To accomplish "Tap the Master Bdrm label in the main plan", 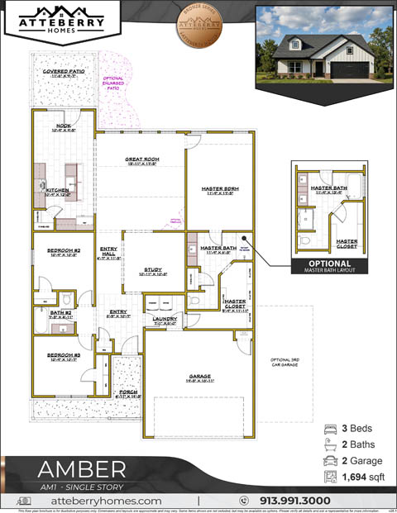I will [220, 189].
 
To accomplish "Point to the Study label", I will [153, 270].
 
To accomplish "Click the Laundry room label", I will [165, 319].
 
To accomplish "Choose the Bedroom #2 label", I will [64, 250].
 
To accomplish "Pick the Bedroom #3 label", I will [64, 355].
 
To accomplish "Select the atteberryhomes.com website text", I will [106, 501].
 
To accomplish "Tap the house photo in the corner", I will [323, 43].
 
